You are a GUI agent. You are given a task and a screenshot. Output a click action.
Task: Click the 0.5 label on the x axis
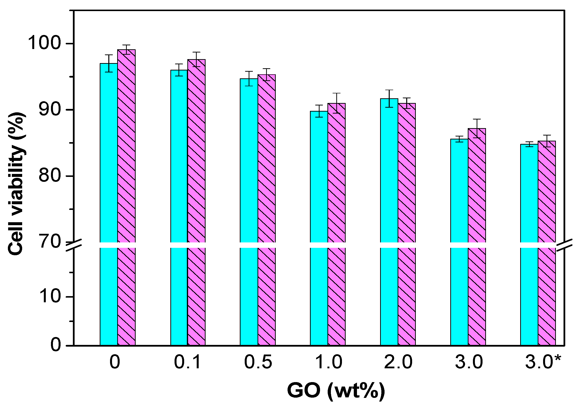[258, 362]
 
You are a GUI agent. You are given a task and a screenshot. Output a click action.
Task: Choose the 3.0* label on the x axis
[543, 362]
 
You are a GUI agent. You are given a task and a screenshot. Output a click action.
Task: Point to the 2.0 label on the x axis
[398, 362]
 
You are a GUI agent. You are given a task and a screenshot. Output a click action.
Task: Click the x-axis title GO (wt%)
[336, 391]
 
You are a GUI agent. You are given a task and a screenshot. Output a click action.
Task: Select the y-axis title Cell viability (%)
[16, 184]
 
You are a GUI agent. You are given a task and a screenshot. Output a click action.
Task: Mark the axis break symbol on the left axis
[74, 245]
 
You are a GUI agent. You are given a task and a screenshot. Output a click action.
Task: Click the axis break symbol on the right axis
[565, 245]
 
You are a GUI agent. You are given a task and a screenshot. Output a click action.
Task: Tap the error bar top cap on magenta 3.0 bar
[477, 119]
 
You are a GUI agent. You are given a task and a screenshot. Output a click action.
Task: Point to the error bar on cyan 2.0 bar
[389, 99]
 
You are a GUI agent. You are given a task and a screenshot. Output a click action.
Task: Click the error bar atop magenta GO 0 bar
[126, 49]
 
